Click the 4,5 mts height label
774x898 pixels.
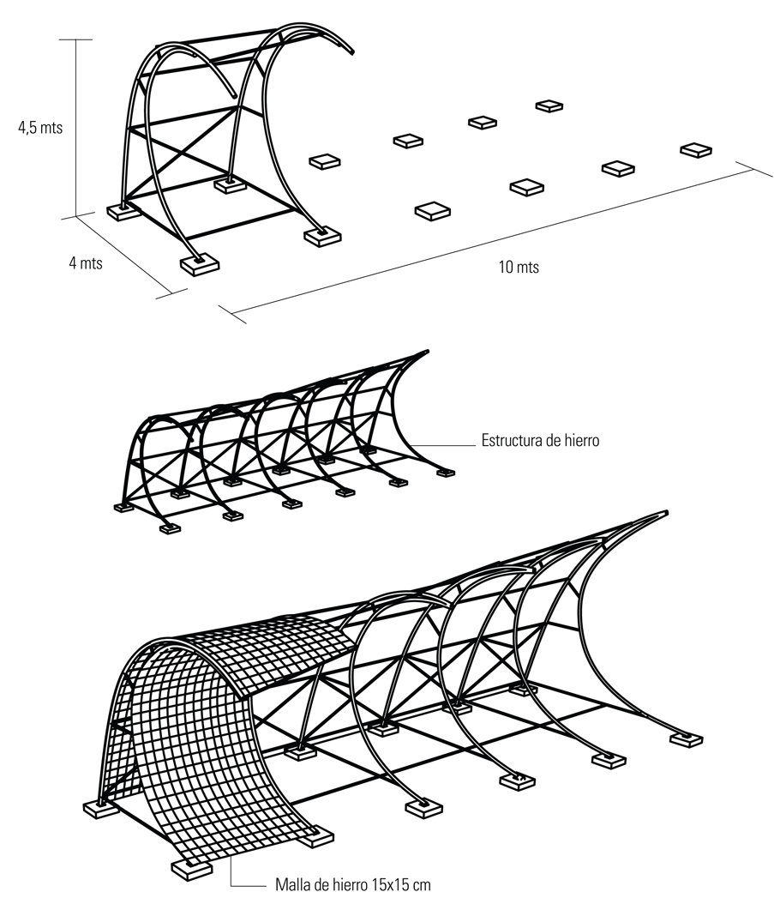point(41,128)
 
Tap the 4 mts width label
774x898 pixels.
point(85,262)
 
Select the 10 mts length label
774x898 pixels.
point(519,267)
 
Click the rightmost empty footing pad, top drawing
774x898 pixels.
point(697,150)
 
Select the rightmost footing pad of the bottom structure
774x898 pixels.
point(686,738)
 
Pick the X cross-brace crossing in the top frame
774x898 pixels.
point(182,160)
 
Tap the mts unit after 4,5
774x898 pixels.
point(51,128)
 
